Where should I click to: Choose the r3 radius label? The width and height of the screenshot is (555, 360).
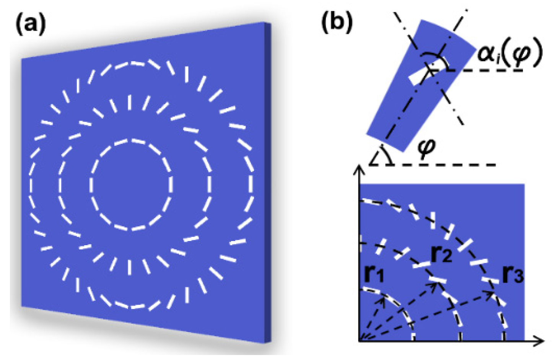[x=512, y=274]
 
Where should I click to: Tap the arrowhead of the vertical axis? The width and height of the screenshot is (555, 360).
[x=360, y=170]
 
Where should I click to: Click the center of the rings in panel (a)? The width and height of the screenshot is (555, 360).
[x=131, y=184]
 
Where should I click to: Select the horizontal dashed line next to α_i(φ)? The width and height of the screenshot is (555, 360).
[x=486, y=70]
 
